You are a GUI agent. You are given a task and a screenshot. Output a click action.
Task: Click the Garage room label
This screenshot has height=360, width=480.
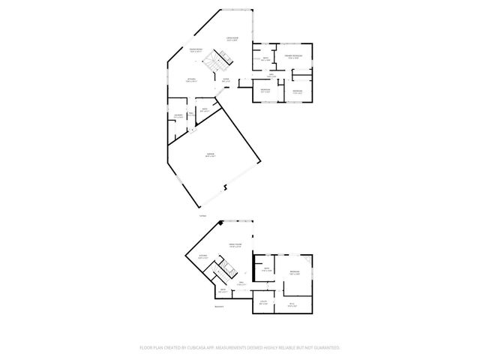click(211, 154)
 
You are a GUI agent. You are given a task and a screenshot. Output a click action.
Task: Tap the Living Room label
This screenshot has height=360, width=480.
click(233, 37)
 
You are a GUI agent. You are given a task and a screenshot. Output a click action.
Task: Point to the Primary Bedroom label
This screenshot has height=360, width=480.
click(293, 56)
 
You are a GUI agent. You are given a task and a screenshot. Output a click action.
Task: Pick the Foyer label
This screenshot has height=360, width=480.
click(226, 79)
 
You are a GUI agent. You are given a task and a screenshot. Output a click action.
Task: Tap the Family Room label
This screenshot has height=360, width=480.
click(235, 245)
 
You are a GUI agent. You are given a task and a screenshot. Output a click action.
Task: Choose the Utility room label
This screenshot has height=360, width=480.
click(264, 301)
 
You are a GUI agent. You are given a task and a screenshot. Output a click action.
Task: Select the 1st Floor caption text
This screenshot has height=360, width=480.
click(202, 216)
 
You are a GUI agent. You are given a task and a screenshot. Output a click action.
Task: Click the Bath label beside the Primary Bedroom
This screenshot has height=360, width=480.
click(265, 59)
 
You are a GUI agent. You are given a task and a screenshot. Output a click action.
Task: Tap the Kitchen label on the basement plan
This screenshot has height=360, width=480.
click(202, 256)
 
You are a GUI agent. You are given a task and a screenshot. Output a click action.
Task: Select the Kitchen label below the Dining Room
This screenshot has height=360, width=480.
click(192, 80)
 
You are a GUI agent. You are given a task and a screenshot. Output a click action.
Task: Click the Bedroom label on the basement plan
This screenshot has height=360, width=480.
click(295, 272)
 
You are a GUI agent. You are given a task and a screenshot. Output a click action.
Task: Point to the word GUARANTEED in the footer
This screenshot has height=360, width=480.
click(326, 348)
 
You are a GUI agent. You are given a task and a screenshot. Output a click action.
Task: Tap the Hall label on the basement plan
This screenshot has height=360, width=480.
click(241, 283)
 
